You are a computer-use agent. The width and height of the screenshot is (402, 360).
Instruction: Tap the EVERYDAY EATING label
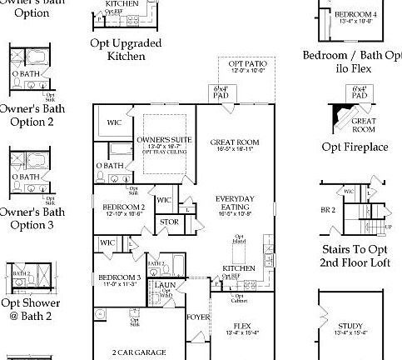point(234,201)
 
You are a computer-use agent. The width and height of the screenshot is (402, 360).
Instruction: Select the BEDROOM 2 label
point(124,207)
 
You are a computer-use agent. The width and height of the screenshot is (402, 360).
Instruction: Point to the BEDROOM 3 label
point(117,277)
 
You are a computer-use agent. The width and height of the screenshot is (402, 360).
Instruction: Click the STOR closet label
point(168,222)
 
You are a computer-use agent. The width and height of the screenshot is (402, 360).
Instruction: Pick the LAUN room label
point(164,285)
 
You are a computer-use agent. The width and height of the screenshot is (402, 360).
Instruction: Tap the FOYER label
point(197,317)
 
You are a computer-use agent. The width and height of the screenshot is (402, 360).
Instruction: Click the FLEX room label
point(242,326)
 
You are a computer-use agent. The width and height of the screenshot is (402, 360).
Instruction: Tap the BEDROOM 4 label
point(355,15)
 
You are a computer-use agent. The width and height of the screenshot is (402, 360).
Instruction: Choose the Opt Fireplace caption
point(355,147)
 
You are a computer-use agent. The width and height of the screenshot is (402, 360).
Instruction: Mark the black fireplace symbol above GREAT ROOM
point(341,111)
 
